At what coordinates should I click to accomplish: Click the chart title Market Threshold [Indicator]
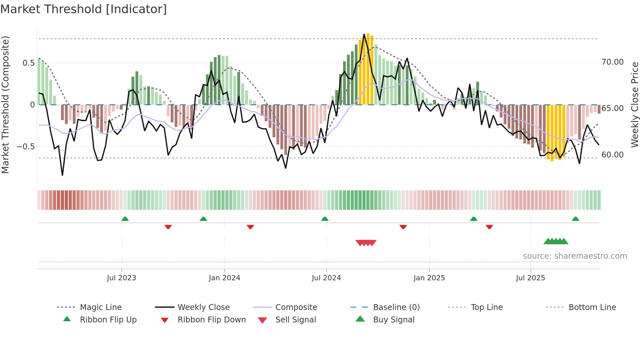pos(84,9)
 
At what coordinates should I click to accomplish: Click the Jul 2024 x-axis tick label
pos(326,278)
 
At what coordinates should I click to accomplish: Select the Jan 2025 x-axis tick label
pos(429,278)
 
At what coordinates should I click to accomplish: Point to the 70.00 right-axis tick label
pos(612,62)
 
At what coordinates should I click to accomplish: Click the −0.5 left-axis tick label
pos(26,147)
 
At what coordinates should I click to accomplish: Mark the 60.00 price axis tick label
pos(612,155)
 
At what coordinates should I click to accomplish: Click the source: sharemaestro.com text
pos(575,256)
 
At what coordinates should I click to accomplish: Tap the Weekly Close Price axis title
pos(634,105)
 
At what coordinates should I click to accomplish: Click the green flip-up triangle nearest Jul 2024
pos(325,219)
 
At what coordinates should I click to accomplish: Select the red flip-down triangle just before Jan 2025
pos(403,227)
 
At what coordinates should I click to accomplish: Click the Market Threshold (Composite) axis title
pos(5,105)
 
